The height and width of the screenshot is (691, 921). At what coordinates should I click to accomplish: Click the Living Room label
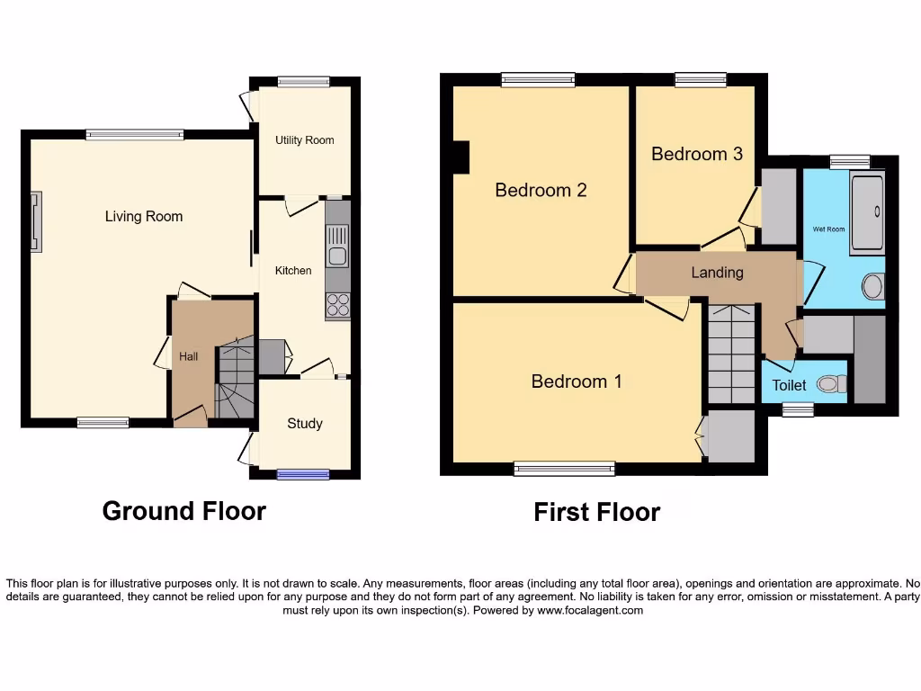point(144,216)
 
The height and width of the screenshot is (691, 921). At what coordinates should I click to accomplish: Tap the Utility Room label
point(304,140)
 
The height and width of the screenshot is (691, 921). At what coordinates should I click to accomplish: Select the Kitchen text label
point(293,270)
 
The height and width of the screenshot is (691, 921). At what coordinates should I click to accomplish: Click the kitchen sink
point(338,246)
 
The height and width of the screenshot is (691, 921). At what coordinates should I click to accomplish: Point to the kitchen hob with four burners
point(338,305)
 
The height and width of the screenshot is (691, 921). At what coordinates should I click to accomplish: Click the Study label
point(305,424)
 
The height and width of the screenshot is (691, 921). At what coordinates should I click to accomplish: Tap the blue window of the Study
point(302,474)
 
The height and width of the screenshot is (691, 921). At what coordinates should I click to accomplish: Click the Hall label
point(188,357)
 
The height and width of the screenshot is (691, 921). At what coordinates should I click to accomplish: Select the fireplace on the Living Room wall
point(36,221)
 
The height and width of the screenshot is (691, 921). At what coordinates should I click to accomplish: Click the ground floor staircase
point(236,378)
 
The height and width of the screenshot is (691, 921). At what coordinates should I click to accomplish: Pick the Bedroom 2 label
point(541,190)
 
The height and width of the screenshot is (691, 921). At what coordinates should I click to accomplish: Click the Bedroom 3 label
point(697,154)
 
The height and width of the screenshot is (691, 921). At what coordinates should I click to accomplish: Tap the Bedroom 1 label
point(577,381)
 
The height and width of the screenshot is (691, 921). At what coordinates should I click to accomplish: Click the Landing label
point(717,272)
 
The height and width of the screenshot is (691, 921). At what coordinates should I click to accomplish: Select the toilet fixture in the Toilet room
point(831,385)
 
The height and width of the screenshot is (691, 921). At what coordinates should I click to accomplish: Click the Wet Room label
point(828,229)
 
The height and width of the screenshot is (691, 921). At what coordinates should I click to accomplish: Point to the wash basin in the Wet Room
point(872,287)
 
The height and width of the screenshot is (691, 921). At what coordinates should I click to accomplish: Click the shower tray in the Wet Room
point(867,212)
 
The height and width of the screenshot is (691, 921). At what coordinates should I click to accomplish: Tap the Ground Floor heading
point(184,511)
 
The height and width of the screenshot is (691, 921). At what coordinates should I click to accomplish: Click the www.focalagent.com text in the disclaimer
point(590,610)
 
